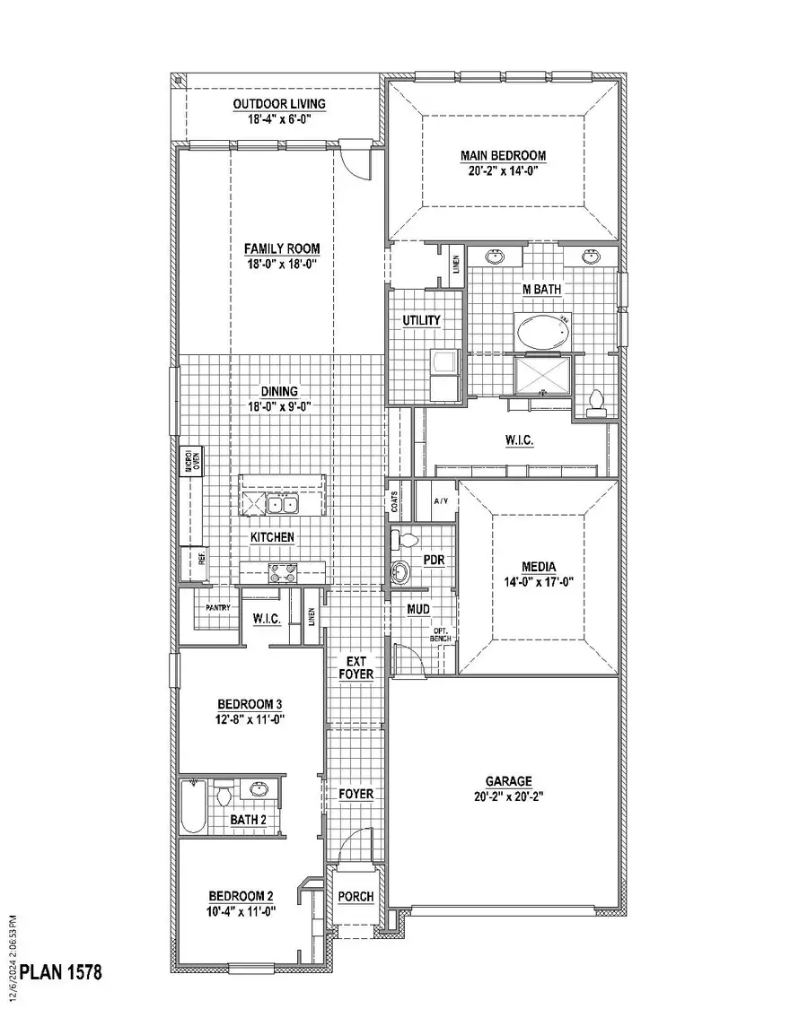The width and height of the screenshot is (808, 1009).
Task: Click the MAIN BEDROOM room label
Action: tap(503, 155)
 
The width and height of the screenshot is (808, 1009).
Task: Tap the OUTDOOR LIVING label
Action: tap(279, 104)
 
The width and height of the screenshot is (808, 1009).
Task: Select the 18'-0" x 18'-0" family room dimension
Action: tap(282, 264)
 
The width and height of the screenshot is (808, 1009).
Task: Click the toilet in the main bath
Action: tap(594, 403)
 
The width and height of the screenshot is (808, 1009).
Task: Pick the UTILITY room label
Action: tap(421, 320)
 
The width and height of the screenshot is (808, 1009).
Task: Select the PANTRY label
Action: tap(218, 608)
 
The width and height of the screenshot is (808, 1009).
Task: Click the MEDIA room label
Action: tap(539, 567)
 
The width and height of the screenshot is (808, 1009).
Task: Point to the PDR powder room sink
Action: tap(400, 570)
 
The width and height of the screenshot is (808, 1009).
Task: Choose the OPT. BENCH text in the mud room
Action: tap(442, 633)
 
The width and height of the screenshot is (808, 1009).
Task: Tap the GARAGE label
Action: tap(509, 781)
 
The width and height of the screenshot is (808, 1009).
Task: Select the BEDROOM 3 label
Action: tap(240, 704)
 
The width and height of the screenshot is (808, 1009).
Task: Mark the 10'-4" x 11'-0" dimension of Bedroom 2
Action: tap(241, 910)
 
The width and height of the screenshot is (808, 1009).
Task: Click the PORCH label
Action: tap(356, 897)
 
